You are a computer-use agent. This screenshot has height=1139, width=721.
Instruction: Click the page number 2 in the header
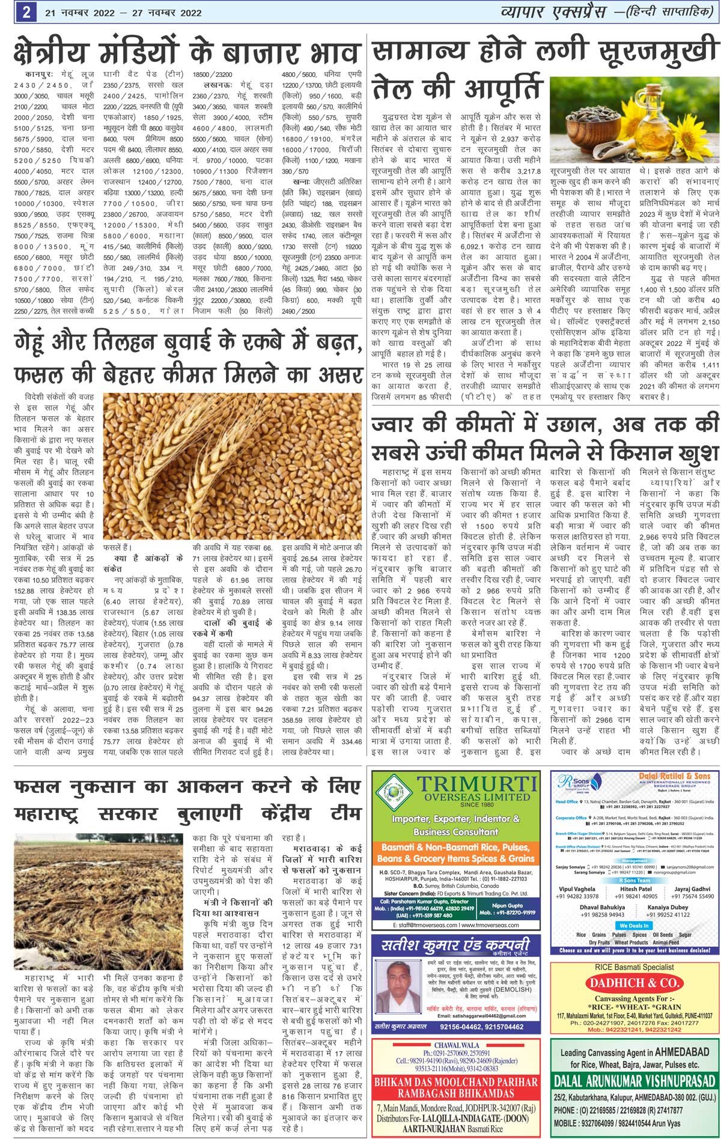click(x=26, y=13)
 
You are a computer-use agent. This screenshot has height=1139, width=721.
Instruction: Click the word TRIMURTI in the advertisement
click(x=477, y=785)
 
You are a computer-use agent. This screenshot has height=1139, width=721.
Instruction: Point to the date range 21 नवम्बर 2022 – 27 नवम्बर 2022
click(x=123, y=13)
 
